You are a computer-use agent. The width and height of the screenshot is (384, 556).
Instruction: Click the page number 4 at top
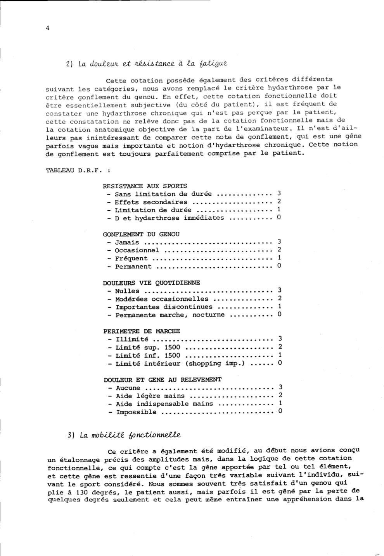(x=47, y=28)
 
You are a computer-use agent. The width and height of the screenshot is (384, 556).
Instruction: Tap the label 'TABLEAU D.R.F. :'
(x=78, y=170)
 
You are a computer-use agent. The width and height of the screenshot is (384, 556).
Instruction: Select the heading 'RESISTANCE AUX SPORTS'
(x=145, y=186)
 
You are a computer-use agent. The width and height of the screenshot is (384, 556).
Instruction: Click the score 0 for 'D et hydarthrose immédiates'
(x=279, y=217)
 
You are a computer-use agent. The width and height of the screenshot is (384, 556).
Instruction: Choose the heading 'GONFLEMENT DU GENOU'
(x=141, y=234)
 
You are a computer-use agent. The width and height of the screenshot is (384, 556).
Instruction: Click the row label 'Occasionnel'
(x=137, y=250)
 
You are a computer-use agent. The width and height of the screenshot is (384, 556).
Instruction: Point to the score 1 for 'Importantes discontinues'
(x=279, y=306)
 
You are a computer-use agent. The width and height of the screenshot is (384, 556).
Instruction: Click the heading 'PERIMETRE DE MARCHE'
(x=142, y=331)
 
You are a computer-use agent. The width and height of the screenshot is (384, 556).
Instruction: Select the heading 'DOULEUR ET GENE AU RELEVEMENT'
(x=163, y=380)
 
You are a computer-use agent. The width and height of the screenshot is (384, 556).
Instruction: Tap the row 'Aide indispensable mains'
(x=164, y=404)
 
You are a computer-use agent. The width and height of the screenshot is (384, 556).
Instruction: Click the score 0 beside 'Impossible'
(x=280, y=411)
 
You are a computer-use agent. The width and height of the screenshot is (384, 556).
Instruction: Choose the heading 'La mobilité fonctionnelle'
(x=130, y=435)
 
